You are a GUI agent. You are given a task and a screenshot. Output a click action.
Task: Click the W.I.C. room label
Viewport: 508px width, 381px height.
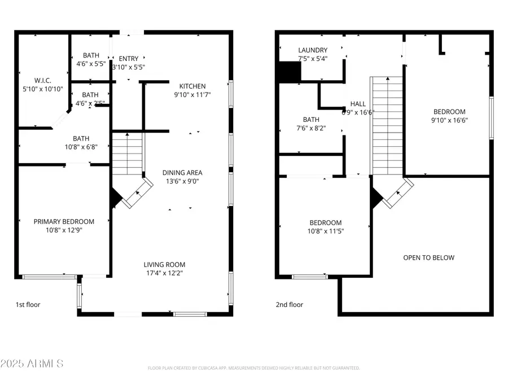tap(42, 80)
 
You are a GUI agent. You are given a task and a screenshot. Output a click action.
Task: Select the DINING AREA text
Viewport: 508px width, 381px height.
tap(182, 173)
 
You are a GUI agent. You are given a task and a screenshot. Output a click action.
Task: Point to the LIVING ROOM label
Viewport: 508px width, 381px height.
tap(164, 264)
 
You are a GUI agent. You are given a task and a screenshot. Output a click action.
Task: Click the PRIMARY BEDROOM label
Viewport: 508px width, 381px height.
tap(64, 221)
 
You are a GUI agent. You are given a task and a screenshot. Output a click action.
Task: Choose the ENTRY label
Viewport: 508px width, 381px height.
tap(128, 59)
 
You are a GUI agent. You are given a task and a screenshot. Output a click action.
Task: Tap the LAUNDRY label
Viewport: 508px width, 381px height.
tap(313, 50)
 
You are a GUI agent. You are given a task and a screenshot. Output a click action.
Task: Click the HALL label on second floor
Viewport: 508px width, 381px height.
tap(358, 104)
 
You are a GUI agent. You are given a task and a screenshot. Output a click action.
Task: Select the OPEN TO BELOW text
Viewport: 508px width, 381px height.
tap(428, 257)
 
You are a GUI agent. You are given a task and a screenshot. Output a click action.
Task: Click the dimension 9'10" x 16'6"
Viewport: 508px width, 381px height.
tap(449, 120)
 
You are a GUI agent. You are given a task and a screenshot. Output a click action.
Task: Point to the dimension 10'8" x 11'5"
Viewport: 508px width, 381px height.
tap(325, 231)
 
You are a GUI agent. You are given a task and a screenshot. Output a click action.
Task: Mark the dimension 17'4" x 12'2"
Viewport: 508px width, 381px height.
tap(164, 273)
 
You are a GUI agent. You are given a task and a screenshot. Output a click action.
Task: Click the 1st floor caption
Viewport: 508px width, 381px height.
tap(28, 305)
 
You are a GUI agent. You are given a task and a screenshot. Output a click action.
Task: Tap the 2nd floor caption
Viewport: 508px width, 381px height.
tap(289, 305)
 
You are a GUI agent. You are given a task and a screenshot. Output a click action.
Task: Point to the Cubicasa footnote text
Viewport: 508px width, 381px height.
tap(253, 368)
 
